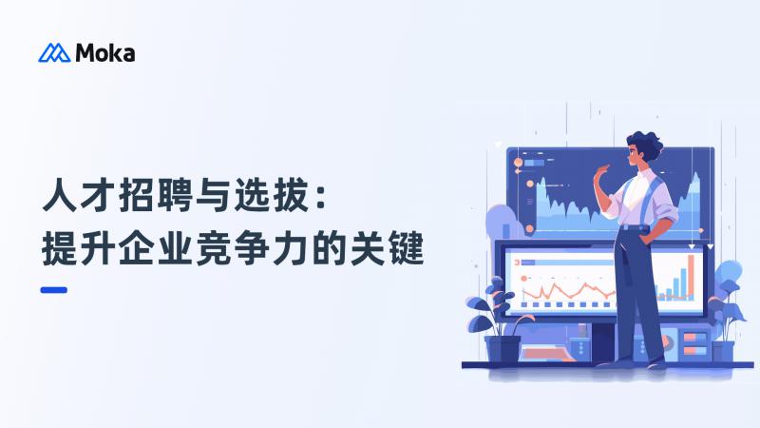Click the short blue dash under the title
tap(54, 290)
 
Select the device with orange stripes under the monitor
tap(693, 343)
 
